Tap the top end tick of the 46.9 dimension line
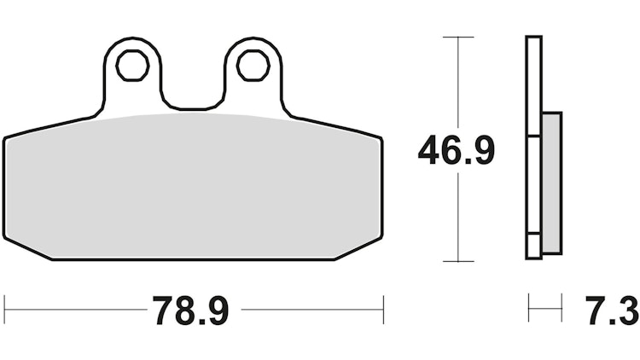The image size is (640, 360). click(458, 38)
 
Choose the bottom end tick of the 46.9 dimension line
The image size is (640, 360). click(458, 261)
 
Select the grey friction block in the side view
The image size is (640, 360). click(551, 183)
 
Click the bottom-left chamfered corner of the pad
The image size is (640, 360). click(26, 245)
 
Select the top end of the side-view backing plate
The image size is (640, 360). click(533, 38)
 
